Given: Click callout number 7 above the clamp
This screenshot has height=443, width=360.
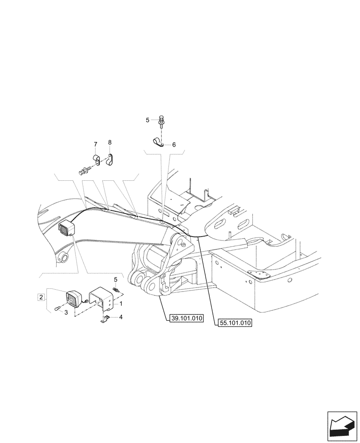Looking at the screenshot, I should click(x=95, y=144).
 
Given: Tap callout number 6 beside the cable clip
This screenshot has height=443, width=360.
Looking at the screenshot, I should click(x=174, y=144).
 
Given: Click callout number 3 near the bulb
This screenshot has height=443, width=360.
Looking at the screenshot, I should click(x=66, y=312).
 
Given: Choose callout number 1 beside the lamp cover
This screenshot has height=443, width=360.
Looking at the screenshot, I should click(x=121, y=305).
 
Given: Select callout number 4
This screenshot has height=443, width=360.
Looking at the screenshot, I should click(x=121, y=317).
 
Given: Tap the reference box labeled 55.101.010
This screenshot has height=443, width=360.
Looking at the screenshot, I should click(x=235, y=323).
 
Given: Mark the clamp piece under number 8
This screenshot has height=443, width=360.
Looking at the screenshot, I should click(x=111, y=159).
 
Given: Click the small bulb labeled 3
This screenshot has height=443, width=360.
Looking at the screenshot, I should click(x=56, y=309).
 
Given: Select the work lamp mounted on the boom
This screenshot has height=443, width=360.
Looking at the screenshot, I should click(x=66, y=228).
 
